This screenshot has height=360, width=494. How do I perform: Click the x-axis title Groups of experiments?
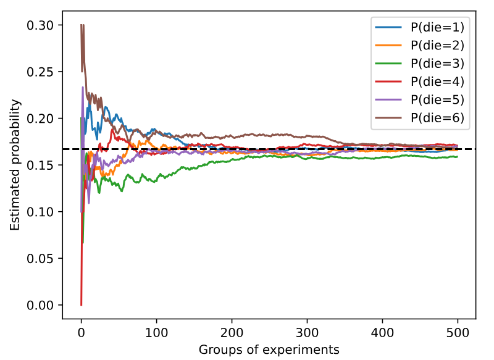click(x=269, y=350)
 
